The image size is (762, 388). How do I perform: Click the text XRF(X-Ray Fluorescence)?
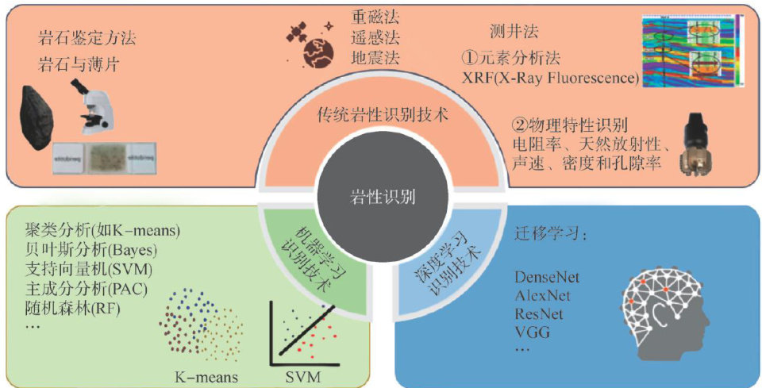(x=551, y=78)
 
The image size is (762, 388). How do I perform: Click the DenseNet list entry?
(x=547, y=278)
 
